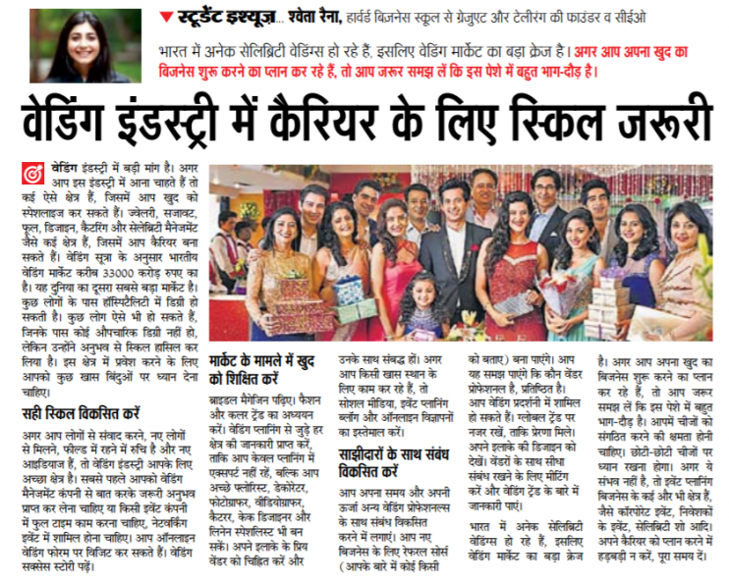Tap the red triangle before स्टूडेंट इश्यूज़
165,17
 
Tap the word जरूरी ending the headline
669,121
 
